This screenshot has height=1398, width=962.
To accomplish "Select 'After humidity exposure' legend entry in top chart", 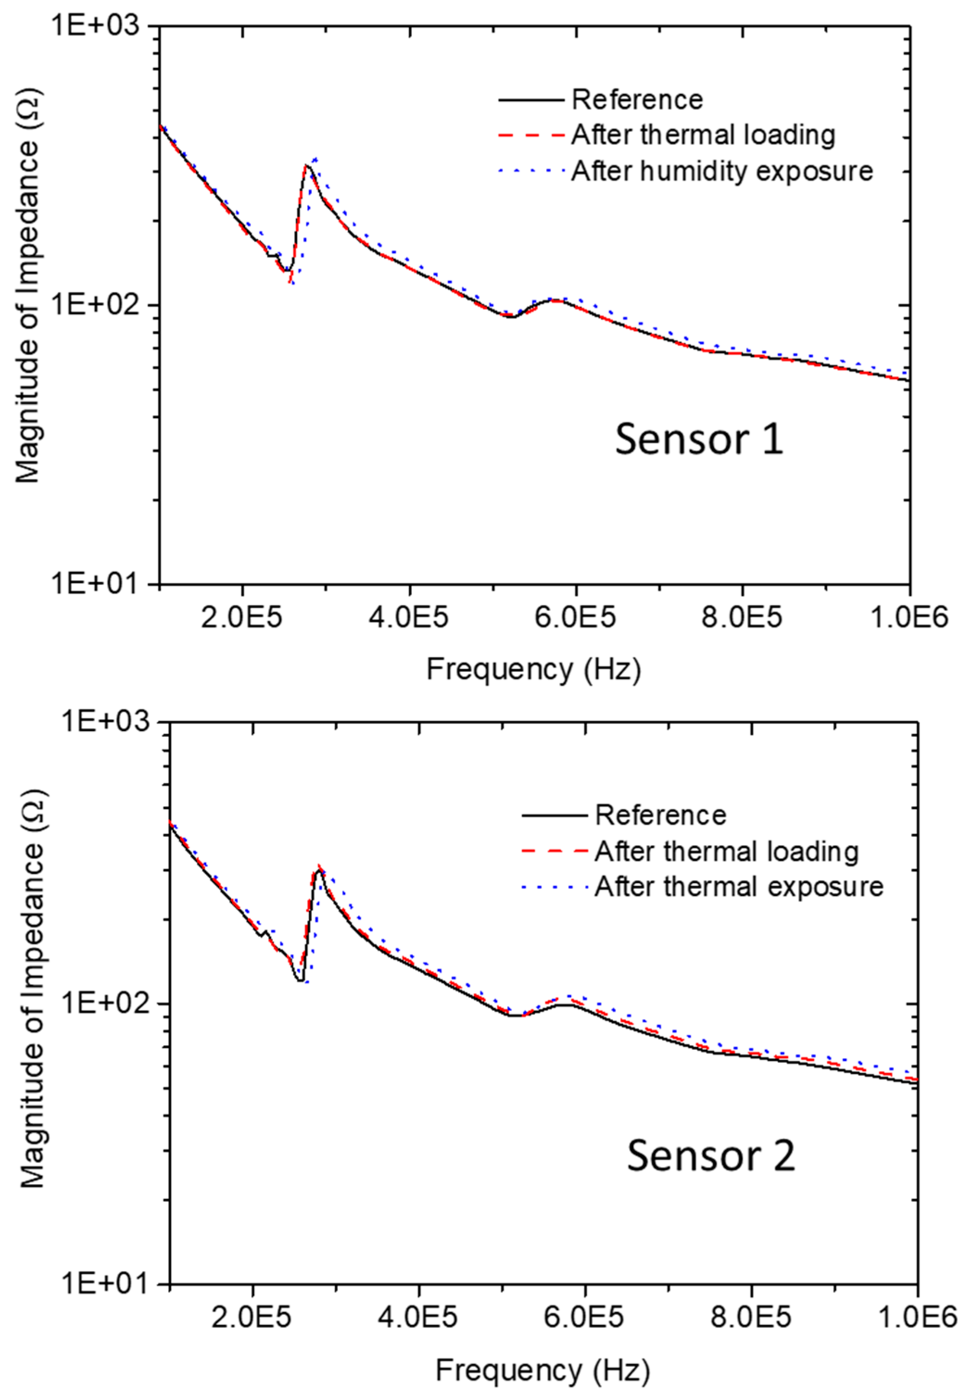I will click(722, 171).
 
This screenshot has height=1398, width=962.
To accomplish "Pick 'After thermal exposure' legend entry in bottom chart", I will click(739, 886).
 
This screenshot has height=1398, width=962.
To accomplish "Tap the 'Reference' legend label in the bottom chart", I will click(660, 815).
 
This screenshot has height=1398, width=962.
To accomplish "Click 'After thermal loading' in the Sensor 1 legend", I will click(703, 135).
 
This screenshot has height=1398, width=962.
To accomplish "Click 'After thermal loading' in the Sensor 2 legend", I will click(726, 852).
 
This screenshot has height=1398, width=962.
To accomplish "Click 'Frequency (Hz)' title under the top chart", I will click(534, 669).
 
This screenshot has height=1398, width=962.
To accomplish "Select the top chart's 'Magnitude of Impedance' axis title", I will click(27, 289).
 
